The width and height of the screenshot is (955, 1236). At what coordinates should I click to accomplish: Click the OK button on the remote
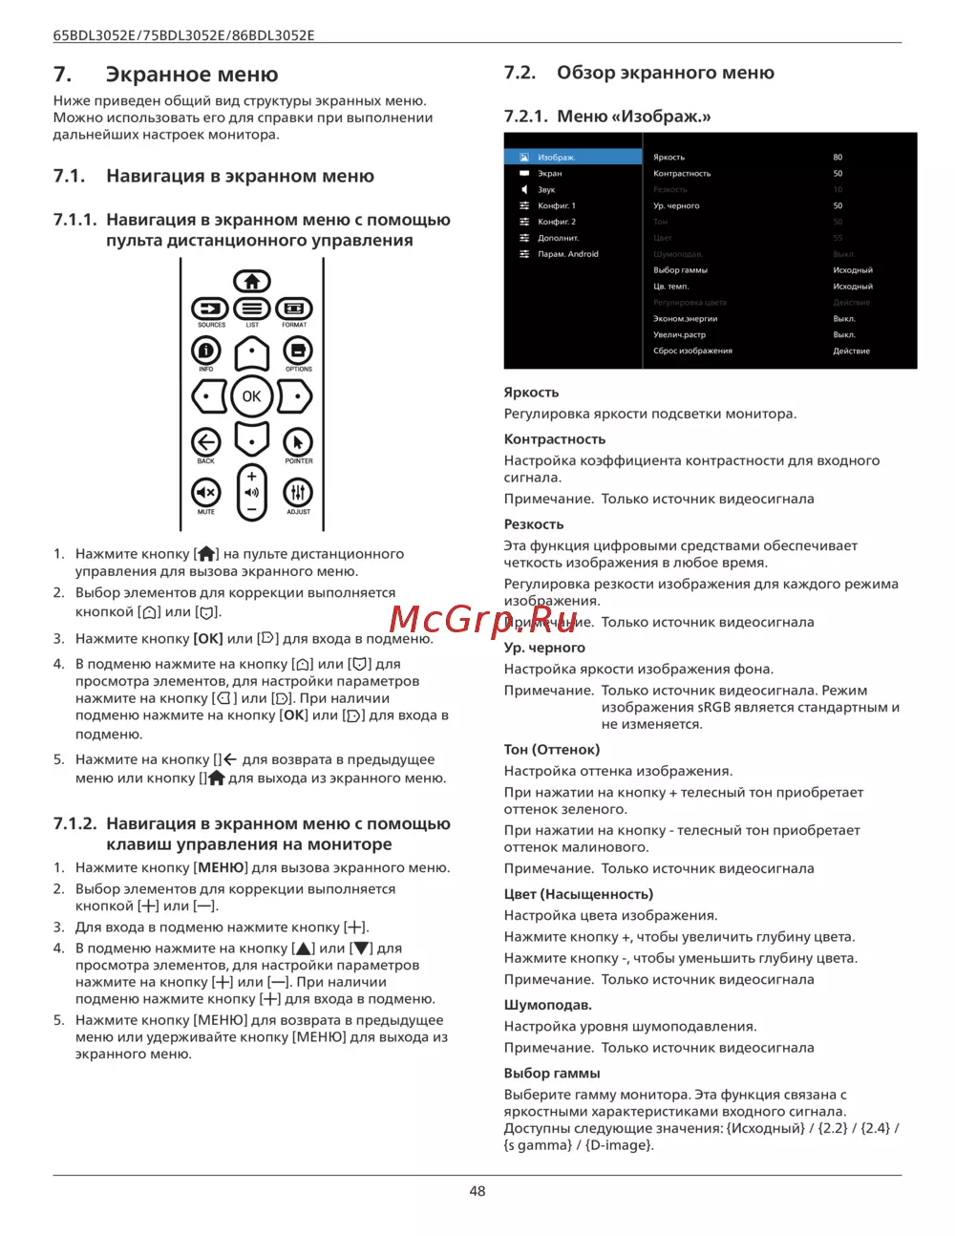click(x=251, y=396)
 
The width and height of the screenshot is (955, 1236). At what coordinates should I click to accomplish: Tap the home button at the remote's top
click(x=252, y=281)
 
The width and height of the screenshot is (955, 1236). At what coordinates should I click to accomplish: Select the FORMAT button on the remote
click(x=294, y=309)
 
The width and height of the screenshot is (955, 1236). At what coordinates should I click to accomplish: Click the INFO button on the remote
click(x=206, y=351)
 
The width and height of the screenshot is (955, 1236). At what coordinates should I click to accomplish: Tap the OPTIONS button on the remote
click(x=298, y=351)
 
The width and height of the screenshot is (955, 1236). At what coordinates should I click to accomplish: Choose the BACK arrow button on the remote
click(x=206, y=442)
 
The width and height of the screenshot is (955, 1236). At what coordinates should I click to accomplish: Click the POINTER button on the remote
click(x=298, y=442)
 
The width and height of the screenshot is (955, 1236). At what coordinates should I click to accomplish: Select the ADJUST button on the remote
click(x=298, y=492)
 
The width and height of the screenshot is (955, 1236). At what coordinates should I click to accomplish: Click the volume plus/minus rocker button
click(x=252, y=492)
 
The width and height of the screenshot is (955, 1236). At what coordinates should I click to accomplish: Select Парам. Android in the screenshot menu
click(x=568, y=254)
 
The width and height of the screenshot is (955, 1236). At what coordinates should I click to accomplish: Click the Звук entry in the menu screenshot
click(x=546, y=190)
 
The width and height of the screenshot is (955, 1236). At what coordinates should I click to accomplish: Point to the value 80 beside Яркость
click(x=838, y=158)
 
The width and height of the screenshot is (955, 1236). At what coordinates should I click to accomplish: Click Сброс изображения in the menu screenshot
click(x=692, y=352)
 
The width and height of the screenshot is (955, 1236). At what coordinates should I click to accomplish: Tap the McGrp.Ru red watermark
click(x=483, y=620)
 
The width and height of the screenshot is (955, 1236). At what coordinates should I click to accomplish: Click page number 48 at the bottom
click(x=477, y=1191)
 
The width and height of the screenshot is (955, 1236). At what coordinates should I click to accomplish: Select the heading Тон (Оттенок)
click(x=552, y=750)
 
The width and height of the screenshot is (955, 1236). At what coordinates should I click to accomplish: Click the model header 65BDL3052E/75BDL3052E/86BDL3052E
click(x=183, y=35)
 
